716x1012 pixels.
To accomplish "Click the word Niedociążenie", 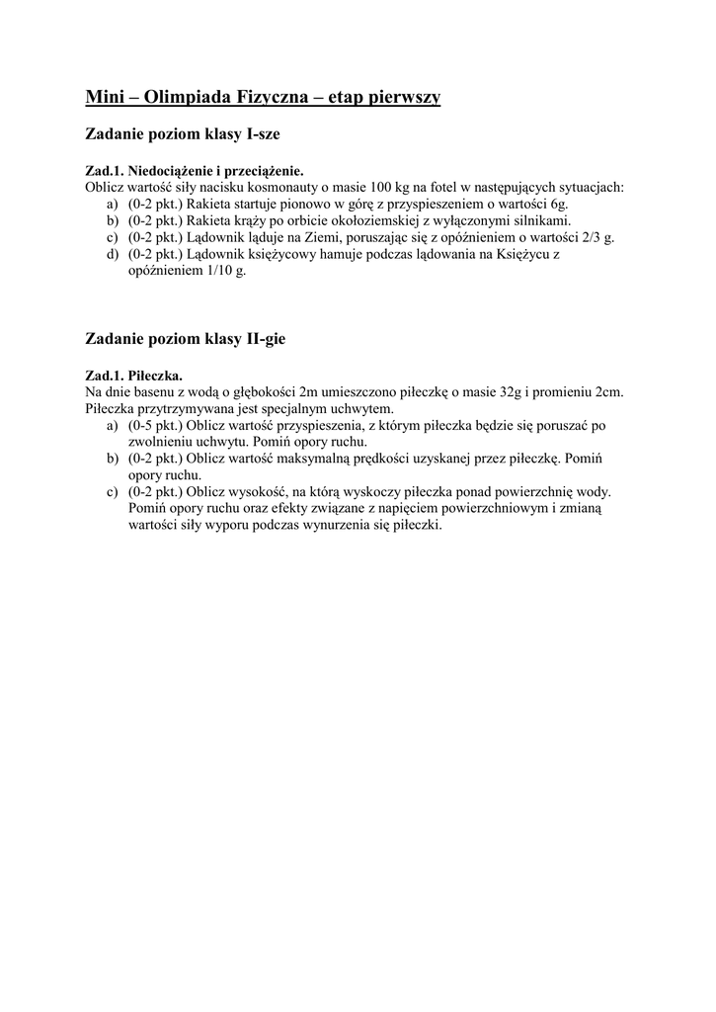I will [175, 169].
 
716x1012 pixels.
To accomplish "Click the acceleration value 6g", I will [557, 204].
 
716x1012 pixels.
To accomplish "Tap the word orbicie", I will [313, 220].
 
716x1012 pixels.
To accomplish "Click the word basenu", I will [145, 392].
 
